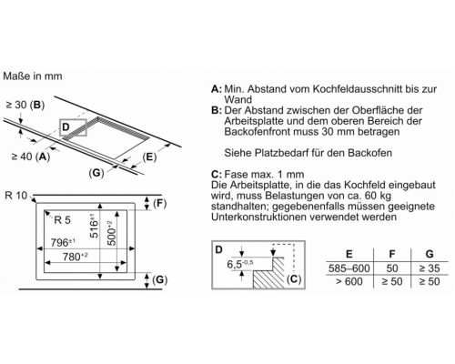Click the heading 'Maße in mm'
(x=33, y=76)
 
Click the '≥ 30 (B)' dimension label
(x=25, y=105)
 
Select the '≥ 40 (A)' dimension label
(x=31, y=157)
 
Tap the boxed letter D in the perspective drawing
(x=66, y=126)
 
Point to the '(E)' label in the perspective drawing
(x=149, y=157)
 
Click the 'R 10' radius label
(x=16, y=196)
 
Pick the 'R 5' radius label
(x=62, y=220)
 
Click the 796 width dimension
(x=63, y=242)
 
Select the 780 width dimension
(x=76, y=257)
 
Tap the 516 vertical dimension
(x=94, y=226)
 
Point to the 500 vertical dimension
(x=111, y=233)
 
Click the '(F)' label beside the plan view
(x=160, y=203)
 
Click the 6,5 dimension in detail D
(x=240, y=264)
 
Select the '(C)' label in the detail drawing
(x=294, y=279)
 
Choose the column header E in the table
(x=349, y=254)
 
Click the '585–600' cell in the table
(x=349, y=268)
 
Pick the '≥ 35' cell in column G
(x=430, y=268)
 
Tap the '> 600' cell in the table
(x=349, y=281)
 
